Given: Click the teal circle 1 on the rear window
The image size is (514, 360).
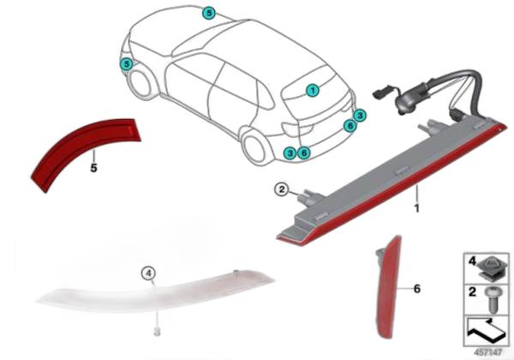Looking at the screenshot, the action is click(313, 90).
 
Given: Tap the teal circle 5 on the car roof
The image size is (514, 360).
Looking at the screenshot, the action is click(209, 13).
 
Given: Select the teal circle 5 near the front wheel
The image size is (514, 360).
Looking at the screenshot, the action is click(127, 64).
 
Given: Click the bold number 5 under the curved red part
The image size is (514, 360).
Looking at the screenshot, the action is click(93, 168).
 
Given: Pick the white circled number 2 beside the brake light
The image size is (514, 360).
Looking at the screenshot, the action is click(282, 189).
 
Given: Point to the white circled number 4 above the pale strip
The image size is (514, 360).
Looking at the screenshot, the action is click(148, 273).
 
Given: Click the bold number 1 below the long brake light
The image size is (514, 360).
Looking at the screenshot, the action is click(416, 208).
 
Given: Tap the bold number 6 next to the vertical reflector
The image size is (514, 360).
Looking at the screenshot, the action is click(416, 289).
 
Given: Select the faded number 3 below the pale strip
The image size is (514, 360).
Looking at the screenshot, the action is click(157, 331).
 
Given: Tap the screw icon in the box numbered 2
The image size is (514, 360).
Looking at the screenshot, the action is click(492, 299).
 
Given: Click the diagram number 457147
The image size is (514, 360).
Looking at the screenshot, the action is click(487, 352).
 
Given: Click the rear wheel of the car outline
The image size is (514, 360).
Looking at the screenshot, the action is click(254, 147).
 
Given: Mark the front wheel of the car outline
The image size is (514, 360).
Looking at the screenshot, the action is click(140, 82).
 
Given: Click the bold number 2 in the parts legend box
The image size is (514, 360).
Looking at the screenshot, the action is click(472, 291).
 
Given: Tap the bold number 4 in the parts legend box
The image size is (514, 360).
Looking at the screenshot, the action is click(472, 261).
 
